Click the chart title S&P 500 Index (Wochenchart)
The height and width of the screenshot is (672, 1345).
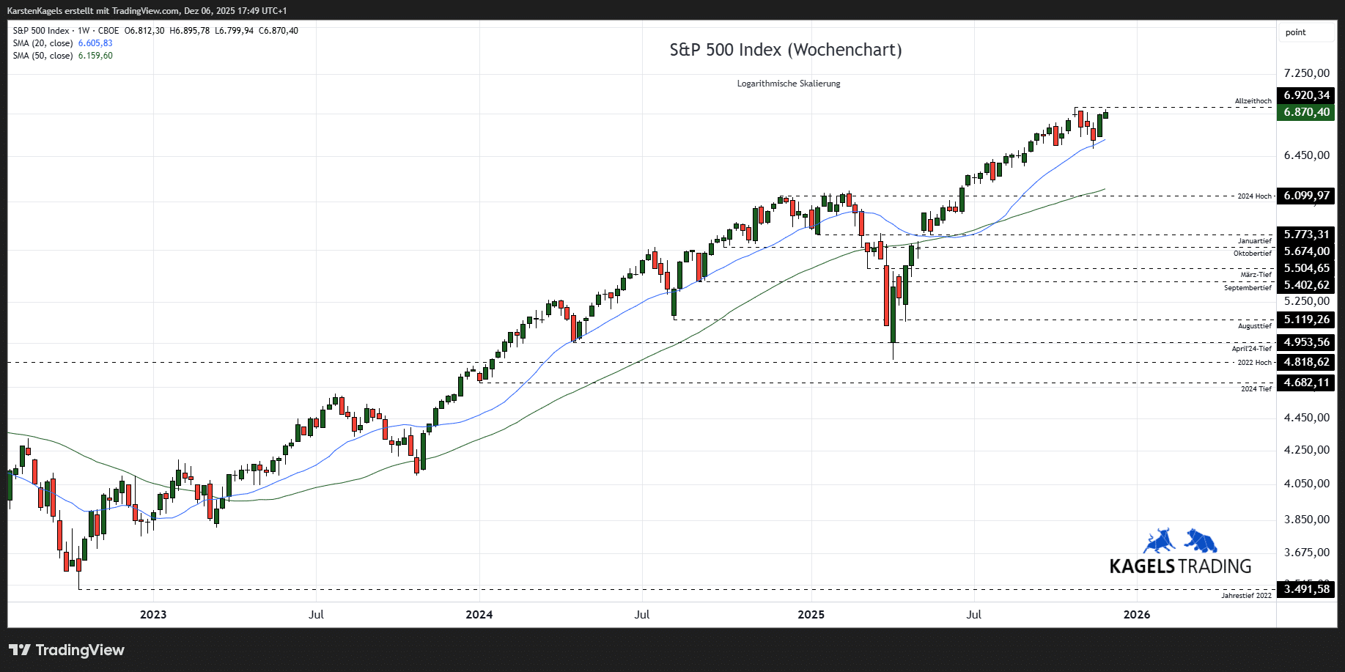(785, 50)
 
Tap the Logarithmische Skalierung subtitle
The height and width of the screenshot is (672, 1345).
(788, 84)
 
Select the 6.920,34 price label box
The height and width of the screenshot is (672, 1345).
(1305, 95)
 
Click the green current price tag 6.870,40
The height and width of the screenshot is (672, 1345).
(1305, 112)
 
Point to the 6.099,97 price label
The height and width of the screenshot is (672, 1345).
(1305, 196)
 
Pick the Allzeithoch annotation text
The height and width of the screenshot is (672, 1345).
(1253, 101)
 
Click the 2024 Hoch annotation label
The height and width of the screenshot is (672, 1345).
(1254, 196)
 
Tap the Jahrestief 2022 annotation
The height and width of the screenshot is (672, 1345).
(1246, 596)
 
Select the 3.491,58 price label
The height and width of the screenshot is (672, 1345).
(1305, 589)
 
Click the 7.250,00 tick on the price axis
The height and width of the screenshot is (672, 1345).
(1306, 73)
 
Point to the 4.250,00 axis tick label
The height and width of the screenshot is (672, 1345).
(1306, 450)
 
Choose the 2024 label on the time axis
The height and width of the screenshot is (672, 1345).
(479, 615)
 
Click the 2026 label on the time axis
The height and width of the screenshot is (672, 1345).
(1136, 615)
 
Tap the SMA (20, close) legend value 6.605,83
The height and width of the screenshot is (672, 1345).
(95, 43)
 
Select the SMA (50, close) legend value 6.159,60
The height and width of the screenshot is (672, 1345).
(95, 56)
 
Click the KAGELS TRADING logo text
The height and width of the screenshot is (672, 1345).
(1180, 566)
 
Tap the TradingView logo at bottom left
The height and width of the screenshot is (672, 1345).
(67, 650)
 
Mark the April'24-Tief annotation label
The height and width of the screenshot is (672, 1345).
(1251, 349)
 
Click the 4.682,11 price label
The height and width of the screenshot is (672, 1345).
(1305, 383)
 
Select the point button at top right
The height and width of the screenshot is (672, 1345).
(1295, 32)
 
